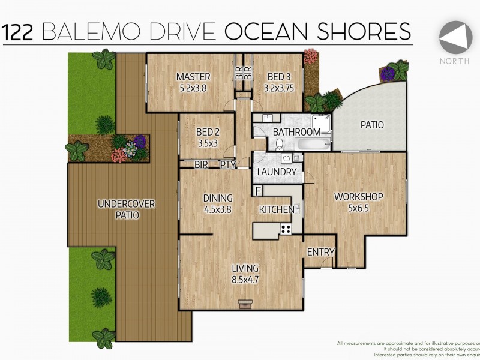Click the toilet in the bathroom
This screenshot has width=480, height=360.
coord(280,144)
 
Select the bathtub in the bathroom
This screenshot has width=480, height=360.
coord(313,145)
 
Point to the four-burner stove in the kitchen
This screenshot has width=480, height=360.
coord(286,229)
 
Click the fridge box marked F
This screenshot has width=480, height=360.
coord(257,191)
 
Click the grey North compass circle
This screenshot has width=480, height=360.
coord(455,38)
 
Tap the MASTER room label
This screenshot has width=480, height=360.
coord(193,76)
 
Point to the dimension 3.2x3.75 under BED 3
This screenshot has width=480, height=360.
coord(280,88)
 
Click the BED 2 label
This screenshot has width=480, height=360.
coord(209,133)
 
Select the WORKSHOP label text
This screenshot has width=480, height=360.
coord(358,196)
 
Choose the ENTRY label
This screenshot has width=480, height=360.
coord(320,252)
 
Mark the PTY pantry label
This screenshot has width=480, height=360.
coord(227,164)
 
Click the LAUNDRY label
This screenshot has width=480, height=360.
coord(277,172)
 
